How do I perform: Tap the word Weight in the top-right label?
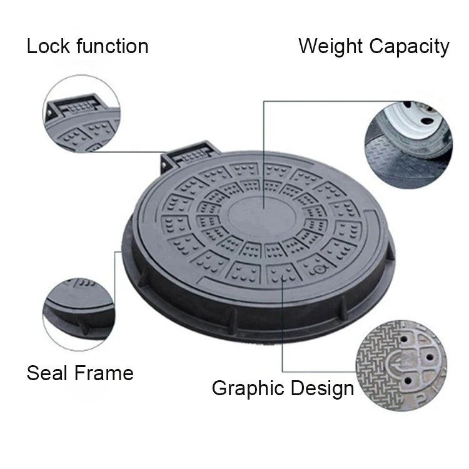[331, 46]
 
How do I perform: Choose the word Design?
[321, 388]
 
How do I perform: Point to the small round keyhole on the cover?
[318, 270]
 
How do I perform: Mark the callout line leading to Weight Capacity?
[313, 100]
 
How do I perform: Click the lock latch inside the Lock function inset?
[79, 104]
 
